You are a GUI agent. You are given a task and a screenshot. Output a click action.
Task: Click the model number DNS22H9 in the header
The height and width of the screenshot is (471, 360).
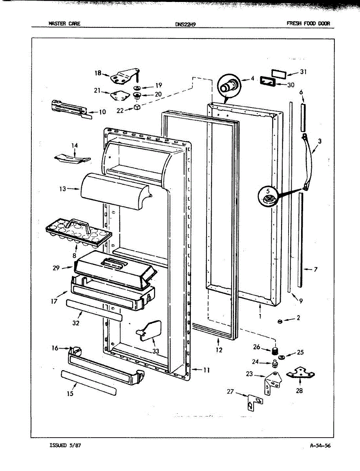[185, 24]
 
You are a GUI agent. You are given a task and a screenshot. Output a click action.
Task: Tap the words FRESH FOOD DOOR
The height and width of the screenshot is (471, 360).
[308, 24]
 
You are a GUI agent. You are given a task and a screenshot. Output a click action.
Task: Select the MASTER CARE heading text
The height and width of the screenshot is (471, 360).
[64, 24]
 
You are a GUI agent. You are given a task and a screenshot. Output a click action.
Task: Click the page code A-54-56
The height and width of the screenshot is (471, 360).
[320, 445]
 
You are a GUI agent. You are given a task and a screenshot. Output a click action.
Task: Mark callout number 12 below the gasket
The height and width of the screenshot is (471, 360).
[219, 350]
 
